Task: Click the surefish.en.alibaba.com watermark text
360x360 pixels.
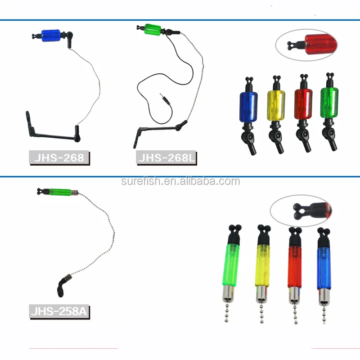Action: [180, 181]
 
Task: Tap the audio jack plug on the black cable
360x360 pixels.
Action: [163, 99]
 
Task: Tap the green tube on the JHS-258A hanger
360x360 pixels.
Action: [58, 193]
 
